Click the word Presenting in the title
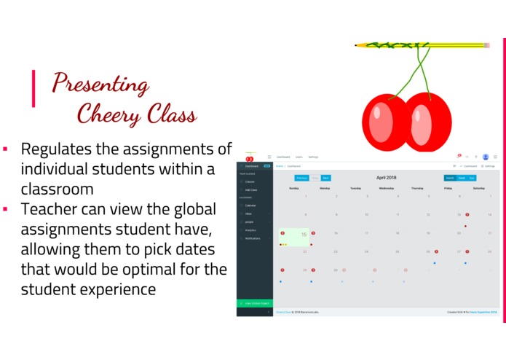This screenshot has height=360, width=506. point(100,83)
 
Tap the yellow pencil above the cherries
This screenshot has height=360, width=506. point(422,45)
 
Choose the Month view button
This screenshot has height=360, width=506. point(450,177)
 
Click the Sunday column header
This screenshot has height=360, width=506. point(293,187)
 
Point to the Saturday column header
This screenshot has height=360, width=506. point(478,187)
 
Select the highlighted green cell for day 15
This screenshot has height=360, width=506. point(293,237)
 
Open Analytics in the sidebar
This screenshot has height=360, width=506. point(252,230)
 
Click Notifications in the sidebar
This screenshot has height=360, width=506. point(253,238)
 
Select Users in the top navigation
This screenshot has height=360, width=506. point(299,157)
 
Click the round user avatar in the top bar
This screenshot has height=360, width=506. point(486,157)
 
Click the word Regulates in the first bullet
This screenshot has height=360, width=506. point(56,149)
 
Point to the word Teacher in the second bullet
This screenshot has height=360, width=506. point(47,210)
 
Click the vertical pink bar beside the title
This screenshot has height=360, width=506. point(33,88)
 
